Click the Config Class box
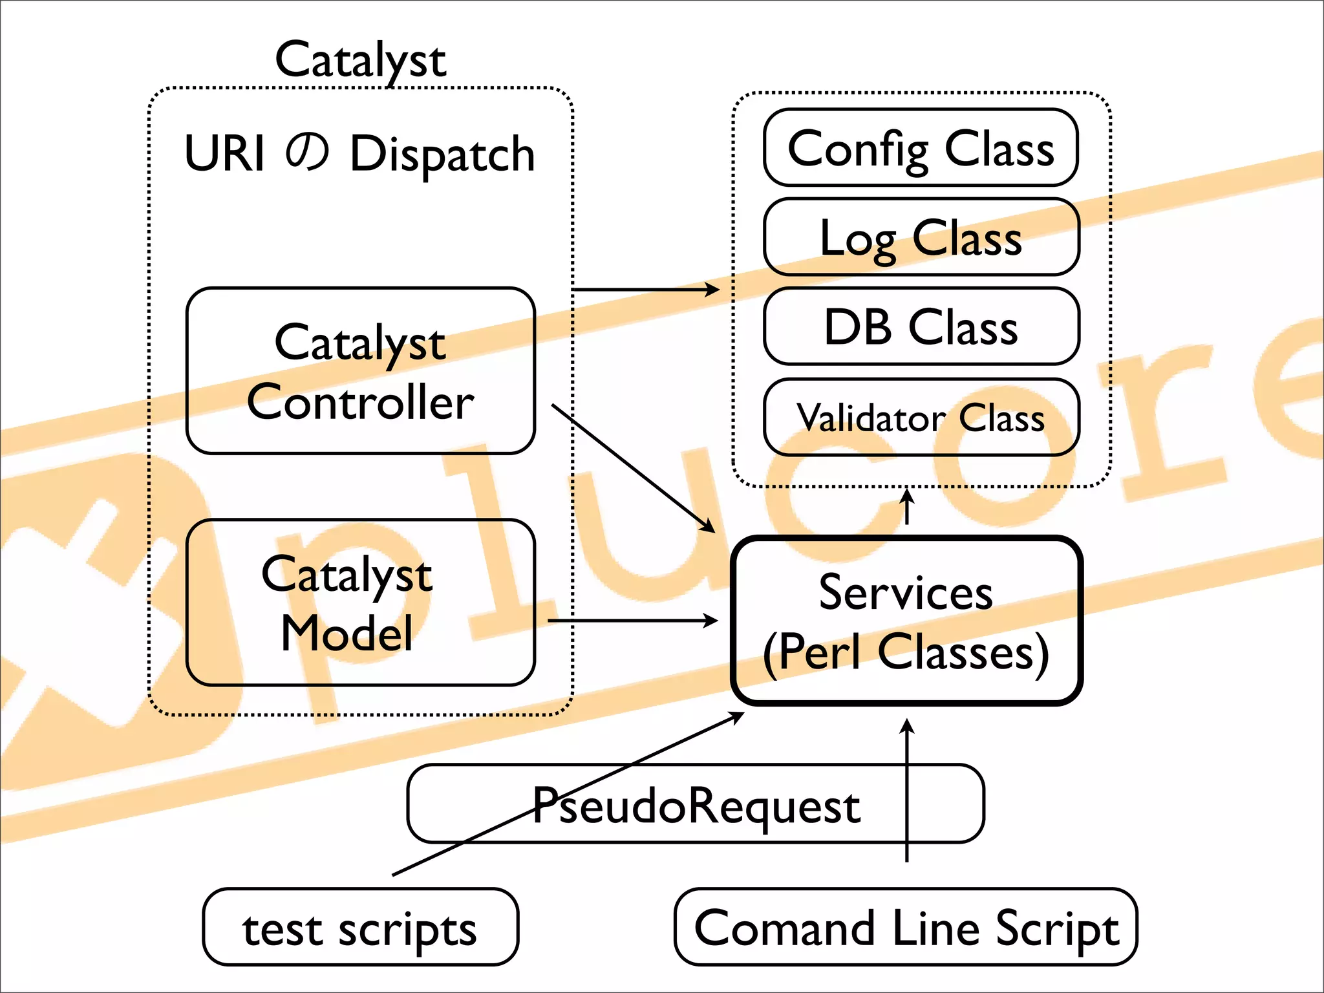(921, 148)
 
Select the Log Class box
(921, 237)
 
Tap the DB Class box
(921, 326)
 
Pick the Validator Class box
(921, 418)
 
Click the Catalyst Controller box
(360, 371)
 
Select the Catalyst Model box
(360, 603)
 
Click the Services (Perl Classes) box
(906, 621)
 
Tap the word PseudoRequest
(696, 806)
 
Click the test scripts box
(360, 928)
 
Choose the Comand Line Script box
(906, 928)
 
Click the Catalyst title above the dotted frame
(360, 59)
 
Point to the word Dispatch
(443, 155)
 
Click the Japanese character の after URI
(307, 153)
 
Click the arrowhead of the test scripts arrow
(738, 716)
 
